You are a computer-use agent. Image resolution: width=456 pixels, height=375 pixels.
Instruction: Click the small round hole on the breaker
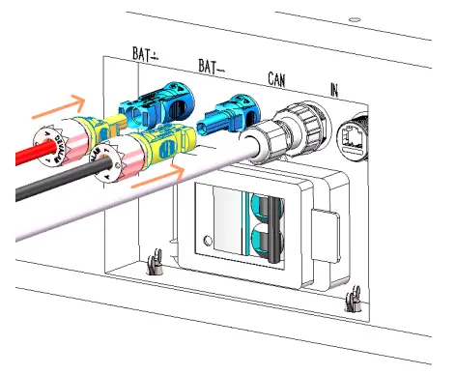[207, 240]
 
